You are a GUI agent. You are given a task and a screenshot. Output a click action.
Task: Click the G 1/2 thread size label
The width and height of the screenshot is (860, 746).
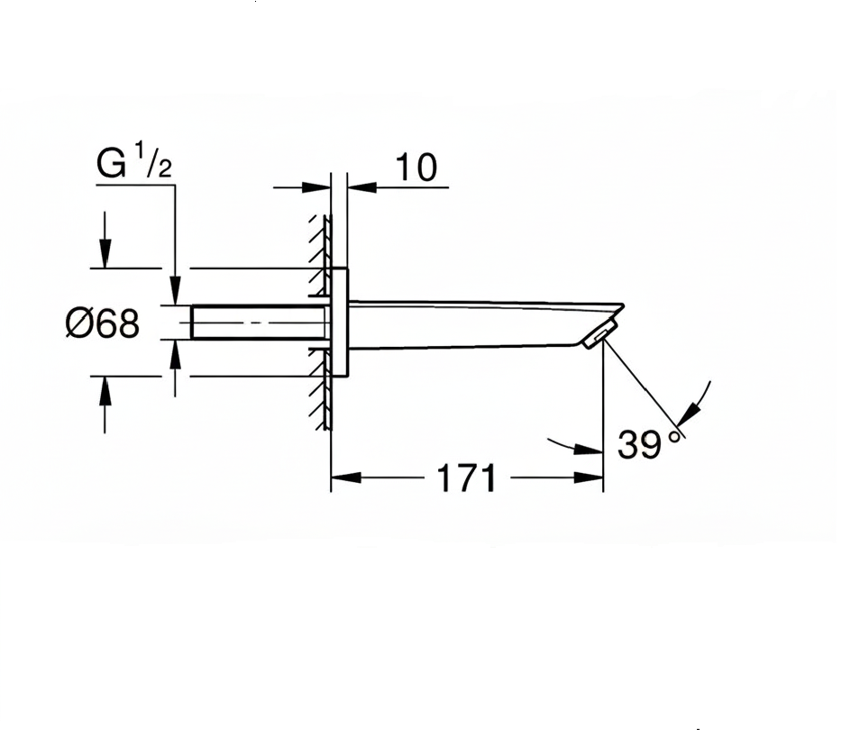(x=133, y=165)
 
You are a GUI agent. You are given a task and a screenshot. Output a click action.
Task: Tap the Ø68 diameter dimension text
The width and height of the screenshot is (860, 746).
(x=103, y=323)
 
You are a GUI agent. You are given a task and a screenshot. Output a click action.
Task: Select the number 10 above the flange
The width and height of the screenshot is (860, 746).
(x=416, y=168)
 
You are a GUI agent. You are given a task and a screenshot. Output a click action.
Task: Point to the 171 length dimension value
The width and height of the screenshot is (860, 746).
(x=466, y=478)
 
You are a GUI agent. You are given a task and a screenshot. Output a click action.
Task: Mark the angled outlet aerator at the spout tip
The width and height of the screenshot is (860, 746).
(x=598, y=336)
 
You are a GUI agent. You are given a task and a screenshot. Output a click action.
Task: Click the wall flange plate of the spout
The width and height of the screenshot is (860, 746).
(x=340, y=322)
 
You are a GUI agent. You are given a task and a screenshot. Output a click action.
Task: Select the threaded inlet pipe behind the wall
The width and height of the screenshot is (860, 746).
(x=260, y=323)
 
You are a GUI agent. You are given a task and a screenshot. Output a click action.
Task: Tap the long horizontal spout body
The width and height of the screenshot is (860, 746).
(x=469, y=323)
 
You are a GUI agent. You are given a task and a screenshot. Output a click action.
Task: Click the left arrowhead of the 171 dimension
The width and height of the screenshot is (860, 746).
(x=345, y=478)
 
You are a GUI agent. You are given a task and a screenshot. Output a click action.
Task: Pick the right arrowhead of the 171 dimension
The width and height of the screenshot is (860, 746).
(x=589, y=478)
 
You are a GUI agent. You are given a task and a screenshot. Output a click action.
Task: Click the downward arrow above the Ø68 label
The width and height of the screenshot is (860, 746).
(x=105, y=255)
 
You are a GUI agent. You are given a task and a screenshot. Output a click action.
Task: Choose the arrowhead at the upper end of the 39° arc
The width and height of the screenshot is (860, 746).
(x=689, y=415)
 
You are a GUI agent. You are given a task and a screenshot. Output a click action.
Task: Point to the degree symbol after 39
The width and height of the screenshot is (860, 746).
(x=674, y=436)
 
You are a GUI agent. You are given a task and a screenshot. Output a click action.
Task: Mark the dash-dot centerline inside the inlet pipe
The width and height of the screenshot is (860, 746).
(x=260, y=323)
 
